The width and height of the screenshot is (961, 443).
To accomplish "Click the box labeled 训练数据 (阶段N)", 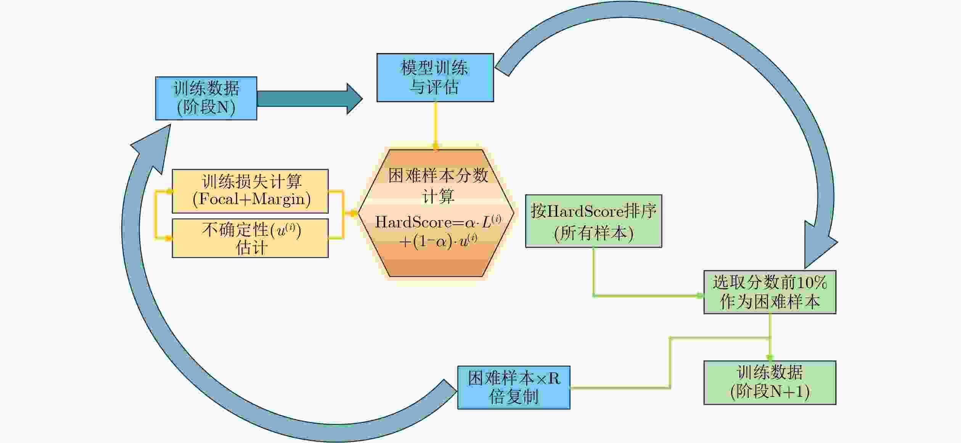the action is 206,98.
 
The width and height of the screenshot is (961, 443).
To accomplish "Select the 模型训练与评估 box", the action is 435,77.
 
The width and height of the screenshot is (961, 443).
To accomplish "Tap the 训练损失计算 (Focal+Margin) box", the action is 250,191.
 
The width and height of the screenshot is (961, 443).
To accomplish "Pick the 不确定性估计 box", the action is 250,238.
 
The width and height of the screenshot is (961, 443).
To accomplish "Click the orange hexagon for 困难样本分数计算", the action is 436,213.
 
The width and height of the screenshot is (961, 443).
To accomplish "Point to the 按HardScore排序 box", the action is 593,221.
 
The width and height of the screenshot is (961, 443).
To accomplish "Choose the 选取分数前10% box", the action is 770,292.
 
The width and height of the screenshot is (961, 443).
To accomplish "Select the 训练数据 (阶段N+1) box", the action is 770,383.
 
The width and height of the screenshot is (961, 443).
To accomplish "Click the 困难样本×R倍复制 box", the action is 514,388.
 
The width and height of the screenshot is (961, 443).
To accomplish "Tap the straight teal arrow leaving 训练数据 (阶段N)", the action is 310,99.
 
